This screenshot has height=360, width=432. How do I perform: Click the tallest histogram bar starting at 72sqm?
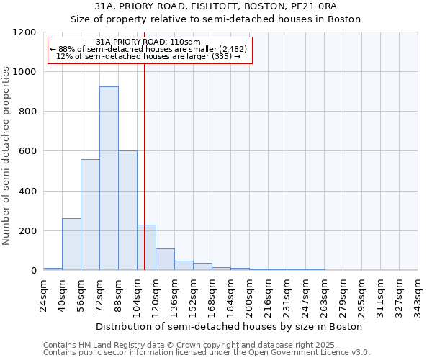[x=109, y=179]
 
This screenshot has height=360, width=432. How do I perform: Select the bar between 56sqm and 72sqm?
[x=90, y=215]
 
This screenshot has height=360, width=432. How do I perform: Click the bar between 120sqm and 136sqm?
[x=165, y=259]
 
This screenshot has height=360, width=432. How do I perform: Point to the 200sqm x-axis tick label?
[x=249, y=296]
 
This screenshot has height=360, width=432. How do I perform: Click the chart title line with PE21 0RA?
[x=216, y=6]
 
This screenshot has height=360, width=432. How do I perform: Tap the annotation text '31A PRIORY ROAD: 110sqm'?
[x=148, y=42]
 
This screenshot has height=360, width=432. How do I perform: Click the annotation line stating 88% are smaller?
[x=148, y=49]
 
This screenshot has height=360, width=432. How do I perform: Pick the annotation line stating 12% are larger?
[x=148, y=56]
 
